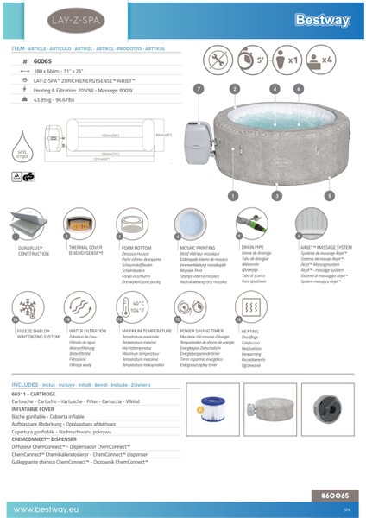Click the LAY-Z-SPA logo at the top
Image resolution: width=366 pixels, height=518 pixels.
point(39,18)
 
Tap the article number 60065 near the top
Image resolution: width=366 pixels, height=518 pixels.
point(44,63)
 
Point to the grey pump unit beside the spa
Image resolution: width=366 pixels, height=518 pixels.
point(198,142)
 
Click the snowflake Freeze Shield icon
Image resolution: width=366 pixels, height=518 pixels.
point(27,307)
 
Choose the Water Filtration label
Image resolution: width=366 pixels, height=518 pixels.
point(87,331)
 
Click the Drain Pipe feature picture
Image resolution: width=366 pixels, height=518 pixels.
point(254,224)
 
